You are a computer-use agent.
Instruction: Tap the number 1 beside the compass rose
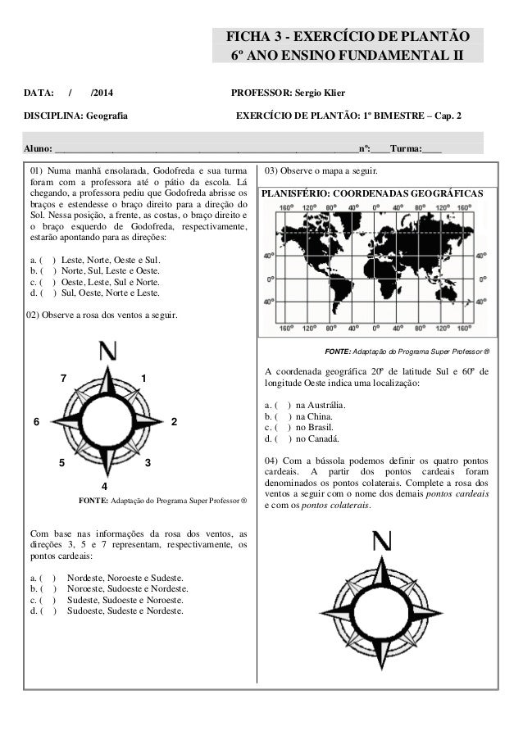143,378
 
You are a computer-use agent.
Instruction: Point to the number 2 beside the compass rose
175,421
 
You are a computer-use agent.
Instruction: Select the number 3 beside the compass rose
147,464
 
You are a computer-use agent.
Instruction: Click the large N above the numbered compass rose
107,352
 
